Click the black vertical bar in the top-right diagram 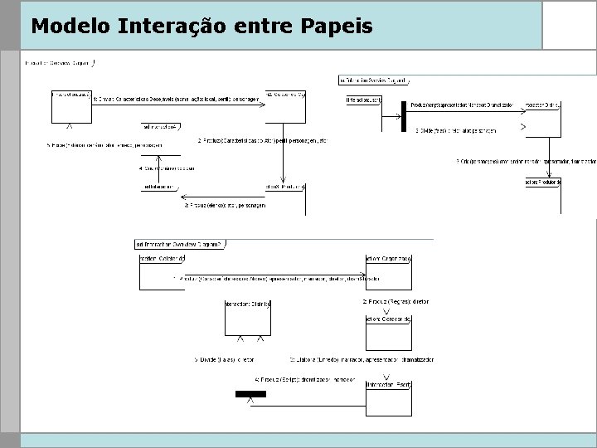point(403,116)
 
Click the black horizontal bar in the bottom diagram point(250,394)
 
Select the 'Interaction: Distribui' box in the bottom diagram point(249,318)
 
